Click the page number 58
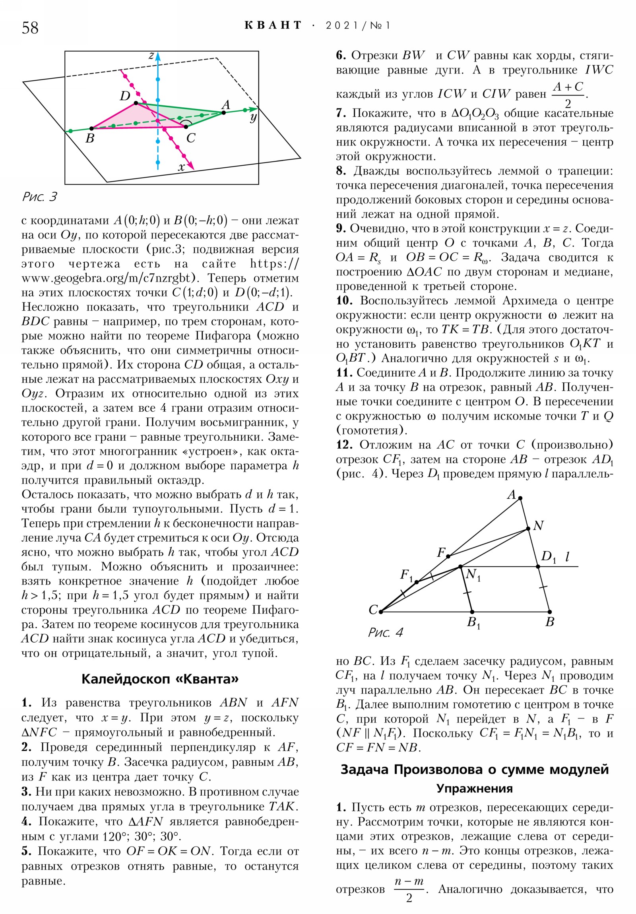coord(30,28)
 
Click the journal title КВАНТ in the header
coord(273,25)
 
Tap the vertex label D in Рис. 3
coord(125,96)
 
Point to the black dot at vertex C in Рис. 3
coord(186,127)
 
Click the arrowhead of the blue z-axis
coord(158,55)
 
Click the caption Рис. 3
coord(40,197)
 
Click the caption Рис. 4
coord(385,632)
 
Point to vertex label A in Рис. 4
coord(511,495)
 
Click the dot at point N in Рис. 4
coord(528,529)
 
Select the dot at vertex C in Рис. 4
coord(381,612)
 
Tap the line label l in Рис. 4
coord(568,556)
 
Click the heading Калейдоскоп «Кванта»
coord(160,679)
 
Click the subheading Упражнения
coord(474,788)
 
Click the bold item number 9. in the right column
coord(341,228)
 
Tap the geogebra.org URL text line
coord(114,278)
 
